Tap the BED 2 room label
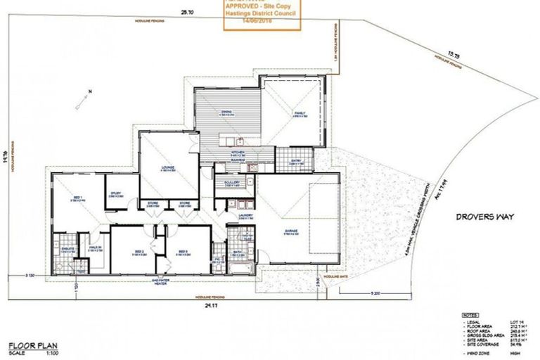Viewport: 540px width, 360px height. (x=139, y=251)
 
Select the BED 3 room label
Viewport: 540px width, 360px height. (x=181, y=251)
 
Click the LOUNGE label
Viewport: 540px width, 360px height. (x=167, y=167)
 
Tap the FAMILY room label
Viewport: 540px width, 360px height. (x=300, y=112)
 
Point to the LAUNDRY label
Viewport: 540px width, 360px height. (x=245, y=217)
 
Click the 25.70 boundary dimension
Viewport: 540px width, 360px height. (x=186, y=12)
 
